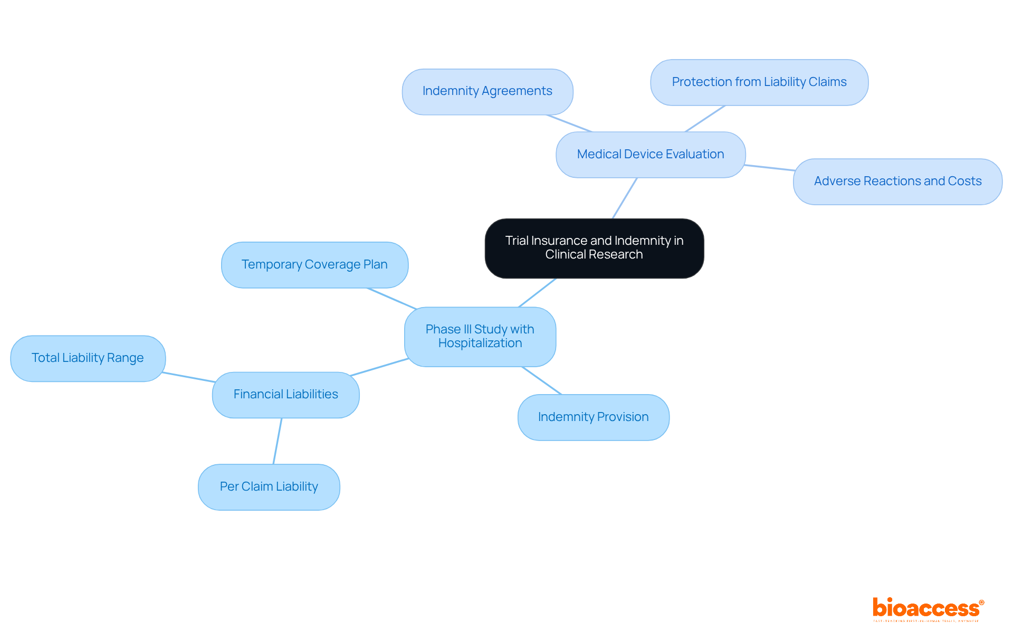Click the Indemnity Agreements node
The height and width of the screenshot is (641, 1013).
point(487,91)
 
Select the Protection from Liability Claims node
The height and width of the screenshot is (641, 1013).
point(759,82)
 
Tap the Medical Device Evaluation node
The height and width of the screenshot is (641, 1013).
point(650,155)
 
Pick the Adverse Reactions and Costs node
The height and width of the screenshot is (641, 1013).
point(897,181)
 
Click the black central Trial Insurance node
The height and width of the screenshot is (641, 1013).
point(594,248)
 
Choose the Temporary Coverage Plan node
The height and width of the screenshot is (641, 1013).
point(314,265)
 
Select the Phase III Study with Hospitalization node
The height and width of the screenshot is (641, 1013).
point(480,337)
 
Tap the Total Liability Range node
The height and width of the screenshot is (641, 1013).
point(88,358)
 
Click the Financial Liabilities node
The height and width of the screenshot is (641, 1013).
point(285,395)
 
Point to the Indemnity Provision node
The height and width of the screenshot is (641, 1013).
point(593,417)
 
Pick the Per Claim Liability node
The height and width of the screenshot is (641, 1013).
point(269,487)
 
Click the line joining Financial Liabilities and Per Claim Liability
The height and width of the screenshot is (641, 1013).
point(278,441)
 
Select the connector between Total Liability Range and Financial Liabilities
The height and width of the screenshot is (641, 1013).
point(189,377)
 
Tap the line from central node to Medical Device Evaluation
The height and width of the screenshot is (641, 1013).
point(625,198)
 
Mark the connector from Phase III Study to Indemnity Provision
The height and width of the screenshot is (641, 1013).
point(542,380)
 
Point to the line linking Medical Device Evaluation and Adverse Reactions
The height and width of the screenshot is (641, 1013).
point(769,168)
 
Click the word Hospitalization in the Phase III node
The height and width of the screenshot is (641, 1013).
point(480,343)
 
